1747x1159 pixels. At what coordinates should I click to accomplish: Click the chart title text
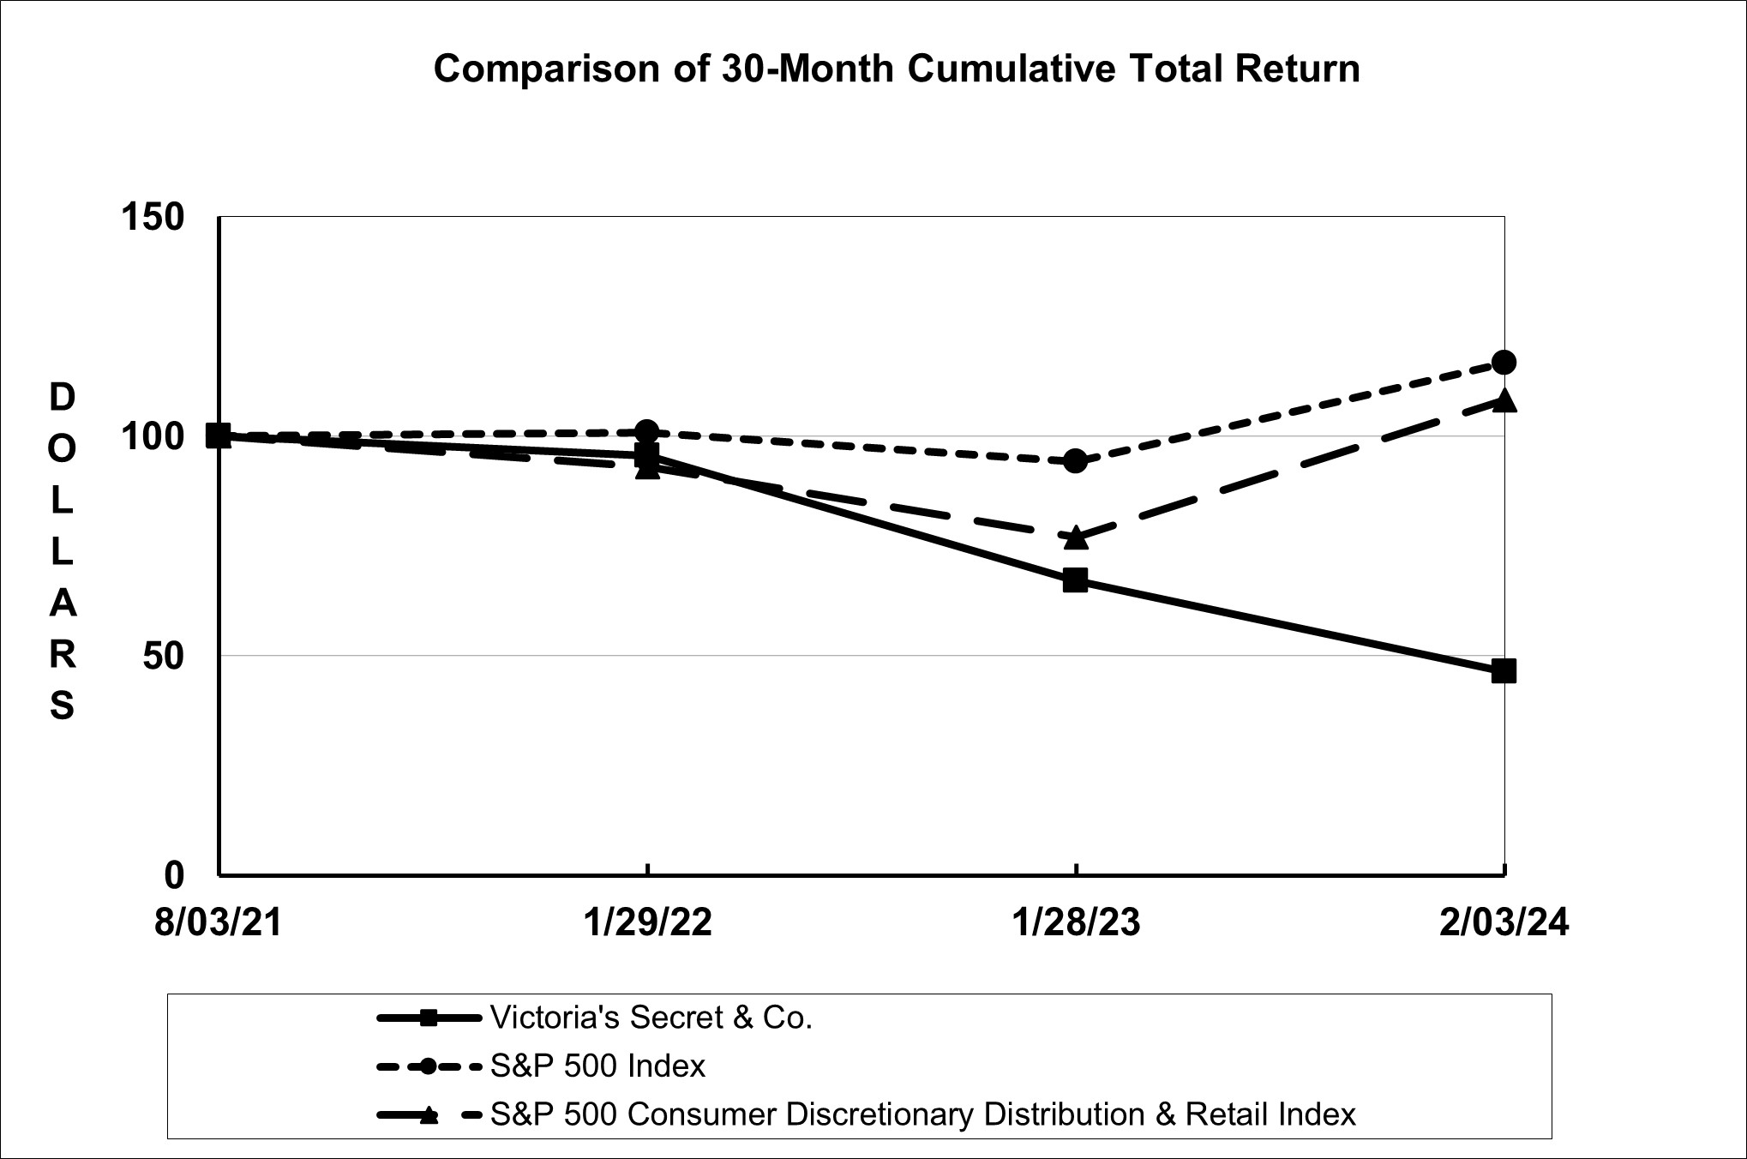click(896, 69)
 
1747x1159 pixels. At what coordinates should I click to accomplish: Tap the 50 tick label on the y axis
click(163, 656)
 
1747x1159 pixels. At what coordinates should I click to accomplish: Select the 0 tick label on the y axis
click(174, 875)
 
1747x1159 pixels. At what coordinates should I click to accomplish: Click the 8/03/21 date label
click(219, 923)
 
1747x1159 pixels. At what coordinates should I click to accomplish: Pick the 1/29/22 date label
click(647, 923)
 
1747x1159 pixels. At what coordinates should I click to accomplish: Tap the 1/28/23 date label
click(1076, 923)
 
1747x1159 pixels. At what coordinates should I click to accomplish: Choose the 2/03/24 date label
click(1504, 923)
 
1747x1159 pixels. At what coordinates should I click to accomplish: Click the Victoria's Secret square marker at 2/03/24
click(1504, 671)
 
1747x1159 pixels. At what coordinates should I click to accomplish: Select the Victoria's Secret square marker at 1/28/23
click(1075, 580)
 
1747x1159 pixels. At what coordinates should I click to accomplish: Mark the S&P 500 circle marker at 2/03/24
click(1504, 363)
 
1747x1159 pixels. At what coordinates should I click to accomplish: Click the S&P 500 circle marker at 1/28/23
click(1075, 461)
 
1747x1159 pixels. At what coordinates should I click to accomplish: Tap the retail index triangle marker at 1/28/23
click(1076, 537)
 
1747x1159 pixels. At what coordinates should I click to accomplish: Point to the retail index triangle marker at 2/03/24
click(1504, 400)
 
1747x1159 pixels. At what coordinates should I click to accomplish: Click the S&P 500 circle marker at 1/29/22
click(647, 432)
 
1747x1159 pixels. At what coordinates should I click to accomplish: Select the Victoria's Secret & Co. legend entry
click(651, 1018)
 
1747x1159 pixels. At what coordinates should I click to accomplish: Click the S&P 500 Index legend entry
click(597, 1066)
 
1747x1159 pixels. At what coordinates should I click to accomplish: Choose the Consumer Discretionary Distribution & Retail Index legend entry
click(922, 1114)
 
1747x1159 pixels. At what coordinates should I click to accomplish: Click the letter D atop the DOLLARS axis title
click(62, 397)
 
